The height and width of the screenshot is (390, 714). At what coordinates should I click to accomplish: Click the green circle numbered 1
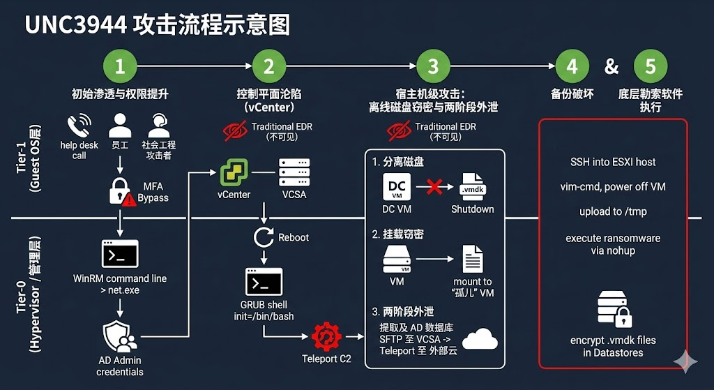(120, 66)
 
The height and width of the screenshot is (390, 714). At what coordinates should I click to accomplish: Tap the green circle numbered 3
(433, 66)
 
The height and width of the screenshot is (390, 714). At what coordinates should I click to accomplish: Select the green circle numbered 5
(651, 66)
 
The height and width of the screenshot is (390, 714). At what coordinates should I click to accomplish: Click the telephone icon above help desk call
(79, 126)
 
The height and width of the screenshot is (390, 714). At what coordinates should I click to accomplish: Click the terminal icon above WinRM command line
(120, 254)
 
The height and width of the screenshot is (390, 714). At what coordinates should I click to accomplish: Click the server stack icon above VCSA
(294, 172)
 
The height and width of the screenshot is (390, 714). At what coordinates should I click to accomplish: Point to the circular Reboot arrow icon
(263, 237)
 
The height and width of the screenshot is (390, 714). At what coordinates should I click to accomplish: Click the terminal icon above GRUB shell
(264, 282)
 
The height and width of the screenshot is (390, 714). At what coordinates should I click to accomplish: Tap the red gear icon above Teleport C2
(326, 337)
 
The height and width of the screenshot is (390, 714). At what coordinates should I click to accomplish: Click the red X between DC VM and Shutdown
(434, 187)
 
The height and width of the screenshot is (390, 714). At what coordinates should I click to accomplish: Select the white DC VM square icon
(397, 186)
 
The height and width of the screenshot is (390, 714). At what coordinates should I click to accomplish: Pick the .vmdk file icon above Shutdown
(472, 187)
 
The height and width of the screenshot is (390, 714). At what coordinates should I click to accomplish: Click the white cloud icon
(480, 338)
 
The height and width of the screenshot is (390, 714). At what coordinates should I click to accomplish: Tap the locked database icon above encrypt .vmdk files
(614, 309)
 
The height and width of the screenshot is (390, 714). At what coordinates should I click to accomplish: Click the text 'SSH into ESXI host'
(613, 162)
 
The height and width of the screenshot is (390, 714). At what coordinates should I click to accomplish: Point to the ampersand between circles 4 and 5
(612, 67)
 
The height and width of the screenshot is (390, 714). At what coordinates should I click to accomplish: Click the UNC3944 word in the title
(75, 26)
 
